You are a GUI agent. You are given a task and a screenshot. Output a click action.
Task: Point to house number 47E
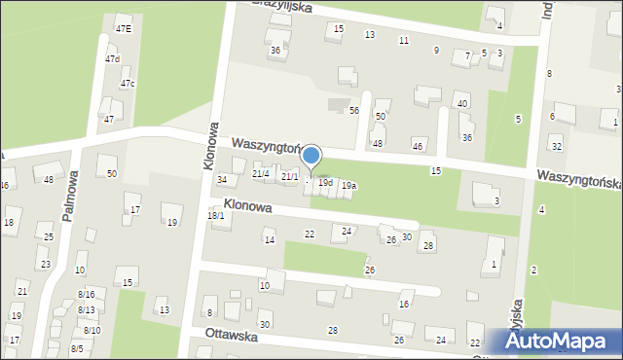[x=124, y=29]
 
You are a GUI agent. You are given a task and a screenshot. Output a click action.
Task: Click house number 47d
[x=113, y=59]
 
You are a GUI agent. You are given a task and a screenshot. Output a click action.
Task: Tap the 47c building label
[x=128, y=84]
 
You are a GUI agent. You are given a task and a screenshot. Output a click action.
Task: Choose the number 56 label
[x=354, y=111]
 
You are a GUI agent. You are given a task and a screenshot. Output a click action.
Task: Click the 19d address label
[x=326, y=183]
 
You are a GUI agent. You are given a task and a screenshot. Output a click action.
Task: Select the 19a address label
[x=348, y=186]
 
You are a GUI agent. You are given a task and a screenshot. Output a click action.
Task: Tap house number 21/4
[x=260, y=174]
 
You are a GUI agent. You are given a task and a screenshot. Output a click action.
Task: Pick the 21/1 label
[x=289, y=177]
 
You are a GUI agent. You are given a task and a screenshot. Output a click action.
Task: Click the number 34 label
[x=222, y=180]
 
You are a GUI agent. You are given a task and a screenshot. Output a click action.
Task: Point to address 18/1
[x=216, y=215]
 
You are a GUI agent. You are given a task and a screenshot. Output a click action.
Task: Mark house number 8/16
[x=86, y=294]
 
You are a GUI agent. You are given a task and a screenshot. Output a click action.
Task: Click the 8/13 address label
[x=86, y=310]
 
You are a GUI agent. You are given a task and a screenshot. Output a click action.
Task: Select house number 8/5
[x=77, y=348]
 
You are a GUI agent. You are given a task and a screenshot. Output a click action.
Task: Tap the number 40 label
[x=462, y=103]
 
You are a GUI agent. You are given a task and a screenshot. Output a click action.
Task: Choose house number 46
[x=418, y=146]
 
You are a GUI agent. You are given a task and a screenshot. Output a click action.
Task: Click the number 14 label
[x=270, y=239]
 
